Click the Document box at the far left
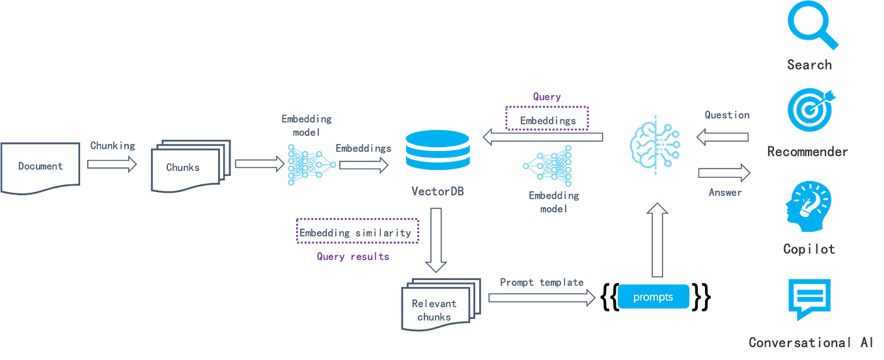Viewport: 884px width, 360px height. (x=40, y=167)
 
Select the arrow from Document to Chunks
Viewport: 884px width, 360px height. (x=112, y=165)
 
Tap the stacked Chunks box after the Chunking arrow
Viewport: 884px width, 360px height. (x=189, y=167)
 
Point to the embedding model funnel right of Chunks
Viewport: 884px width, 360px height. (x=311, y=165)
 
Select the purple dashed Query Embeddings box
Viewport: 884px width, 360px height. (x=547, y=118)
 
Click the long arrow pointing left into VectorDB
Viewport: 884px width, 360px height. (x=543, y=137)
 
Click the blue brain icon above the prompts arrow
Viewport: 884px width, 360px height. (x=655, y=144)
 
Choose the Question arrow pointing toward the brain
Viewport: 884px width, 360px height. (x=722, y=138)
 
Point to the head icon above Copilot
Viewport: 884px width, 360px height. (x=808, y=207)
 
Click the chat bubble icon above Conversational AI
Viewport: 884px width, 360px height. (x=809, y=299)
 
